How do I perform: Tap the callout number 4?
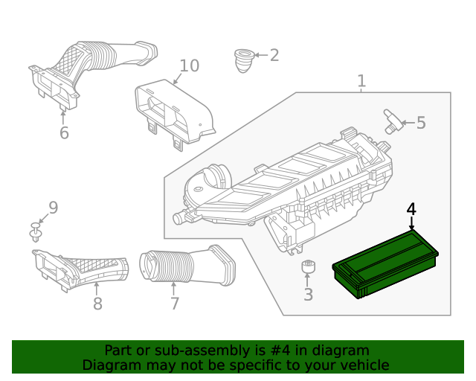click(x=411, y=208)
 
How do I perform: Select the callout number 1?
click(x=361, y=80)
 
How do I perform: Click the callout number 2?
click(x=274, y=55)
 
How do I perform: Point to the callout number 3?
click(x=308, y=295)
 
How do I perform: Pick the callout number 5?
click(x=421, y=123)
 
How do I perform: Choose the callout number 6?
click(x=64, y=133)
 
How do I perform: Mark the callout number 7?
click(x=175, y=304)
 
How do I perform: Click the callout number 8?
click(x=97, y=304)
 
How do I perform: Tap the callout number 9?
click(x=53, y=208)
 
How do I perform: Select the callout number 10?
click(x=189, y=65)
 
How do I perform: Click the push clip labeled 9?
click(x=36, y=232)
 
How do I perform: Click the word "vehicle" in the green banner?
click(x=363, y=365)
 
